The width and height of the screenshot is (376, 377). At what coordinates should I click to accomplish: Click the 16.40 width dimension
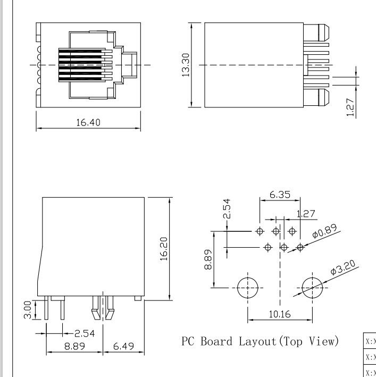tap(88, 122)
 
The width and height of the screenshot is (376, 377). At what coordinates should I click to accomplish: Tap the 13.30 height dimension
tap(186, 64)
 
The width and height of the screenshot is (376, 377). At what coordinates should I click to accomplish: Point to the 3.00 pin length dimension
tap(27, 310)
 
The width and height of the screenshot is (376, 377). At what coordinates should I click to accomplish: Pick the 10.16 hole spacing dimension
tap(279, 314)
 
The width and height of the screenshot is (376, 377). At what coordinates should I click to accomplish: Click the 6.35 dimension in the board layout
tap(280, 195)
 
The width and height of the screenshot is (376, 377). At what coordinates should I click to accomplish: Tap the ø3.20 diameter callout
tap(342, 269)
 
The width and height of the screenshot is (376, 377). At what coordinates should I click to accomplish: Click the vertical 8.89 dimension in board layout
tap(210, 259)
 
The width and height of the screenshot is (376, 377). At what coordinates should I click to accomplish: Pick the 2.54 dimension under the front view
tap(85, 333)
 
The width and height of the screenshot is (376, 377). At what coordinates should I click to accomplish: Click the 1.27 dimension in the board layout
tap(306, 214)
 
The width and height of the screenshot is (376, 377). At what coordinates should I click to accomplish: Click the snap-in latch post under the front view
tap(103, 308)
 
